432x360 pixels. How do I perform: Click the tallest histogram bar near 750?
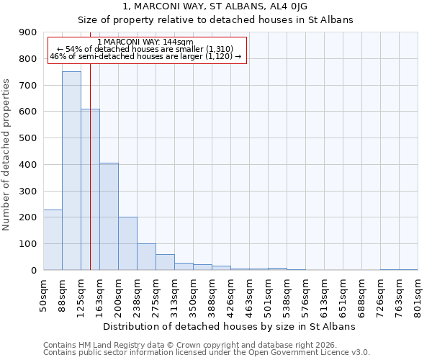tap(71, 171)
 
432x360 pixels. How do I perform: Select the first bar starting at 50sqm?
tap(53, 240)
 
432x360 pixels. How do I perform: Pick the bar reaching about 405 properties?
tap(109, 216)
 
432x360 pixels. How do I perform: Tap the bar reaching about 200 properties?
tap(127, 243)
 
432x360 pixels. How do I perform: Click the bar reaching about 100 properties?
tap(146, 257)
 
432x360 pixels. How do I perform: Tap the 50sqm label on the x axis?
tap(44, 294)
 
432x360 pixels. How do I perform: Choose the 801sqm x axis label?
tap(418, 294)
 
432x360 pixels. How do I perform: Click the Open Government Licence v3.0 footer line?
tap(206, 353)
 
